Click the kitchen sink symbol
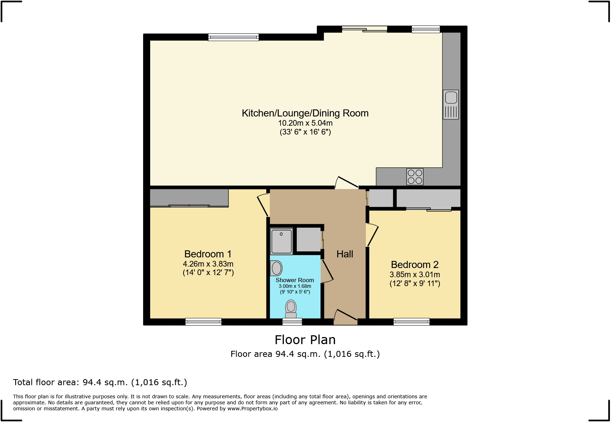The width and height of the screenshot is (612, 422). pyautogui.click(x=450, y=104)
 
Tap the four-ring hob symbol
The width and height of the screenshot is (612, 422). pyautogui.click(x=415, y=177)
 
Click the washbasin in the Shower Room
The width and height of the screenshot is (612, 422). pyautogui.click(x=276, y=268)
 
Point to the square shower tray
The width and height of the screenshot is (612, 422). pyautogui.click(x=282, y=241)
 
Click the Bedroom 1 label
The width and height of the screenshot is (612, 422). pyautogui.click(x=208, y=254)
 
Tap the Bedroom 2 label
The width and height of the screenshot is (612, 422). pyautogui.click(x=414, y=264)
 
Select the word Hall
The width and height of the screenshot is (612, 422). pyautogui.click(x=345, y=254)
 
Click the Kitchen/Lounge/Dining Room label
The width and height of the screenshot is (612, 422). pyautogui.click(x=305, y=113)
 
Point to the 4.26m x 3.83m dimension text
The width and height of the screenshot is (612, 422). pyautogui.click(x=208, y=264)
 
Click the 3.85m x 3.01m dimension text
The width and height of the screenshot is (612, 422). pyautogui.click(x=414, y=274)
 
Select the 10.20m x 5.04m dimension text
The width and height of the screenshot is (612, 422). pyautogui.click(x=305, y=123)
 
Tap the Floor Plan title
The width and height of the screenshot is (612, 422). pyautogui.click(x=305, y=340)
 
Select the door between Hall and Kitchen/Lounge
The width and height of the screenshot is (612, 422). pyautogui.click(x=346, y=182)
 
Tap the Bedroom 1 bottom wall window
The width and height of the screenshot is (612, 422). pyautogui.click(x=203, y=322)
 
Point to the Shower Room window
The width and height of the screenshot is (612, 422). pyautogui.click(x=292, y=322)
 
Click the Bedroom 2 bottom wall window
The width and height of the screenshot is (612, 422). pyautogui.click(x=411, y=322)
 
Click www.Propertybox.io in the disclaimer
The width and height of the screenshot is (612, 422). pyautogui.click(x=252, y=409)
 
